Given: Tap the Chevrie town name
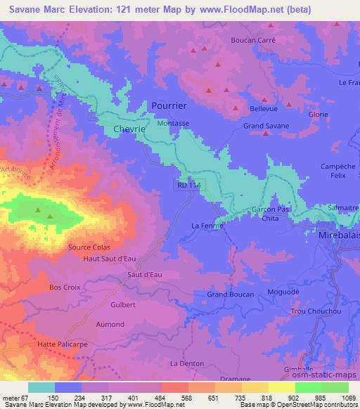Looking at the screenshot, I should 130,129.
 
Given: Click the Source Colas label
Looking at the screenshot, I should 89,247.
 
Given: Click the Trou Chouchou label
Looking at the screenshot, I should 313,311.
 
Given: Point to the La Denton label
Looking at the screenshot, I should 187,363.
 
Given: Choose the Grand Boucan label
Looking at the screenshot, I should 230,294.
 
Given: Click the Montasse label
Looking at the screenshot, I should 173,122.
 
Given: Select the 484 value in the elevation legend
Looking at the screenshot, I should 148,398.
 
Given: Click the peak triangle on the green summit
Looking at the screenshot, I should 49,215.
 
